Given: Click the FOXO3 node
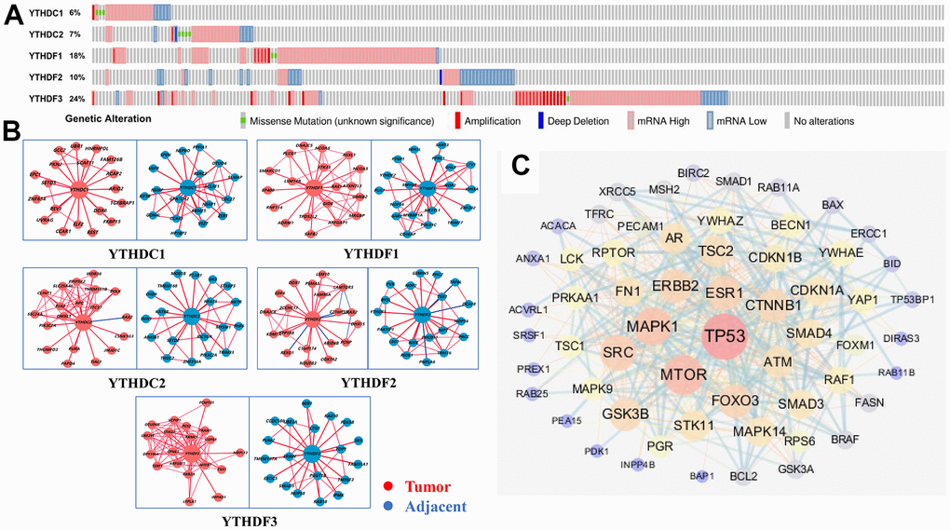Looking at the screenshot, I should (x=736, y=401).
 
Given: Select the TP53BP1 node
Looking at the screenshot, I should (x=912, y=299).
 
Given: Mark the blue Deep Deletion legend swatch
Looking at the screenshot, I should (x=541, y=120).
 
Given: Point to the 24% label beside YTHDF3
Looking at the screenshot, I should (x=76, y=98).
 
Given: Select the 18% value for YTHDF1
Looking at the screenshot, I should (x=76, y=55).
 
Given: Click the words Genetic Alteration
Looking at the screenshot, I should (x=108, y=119).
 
